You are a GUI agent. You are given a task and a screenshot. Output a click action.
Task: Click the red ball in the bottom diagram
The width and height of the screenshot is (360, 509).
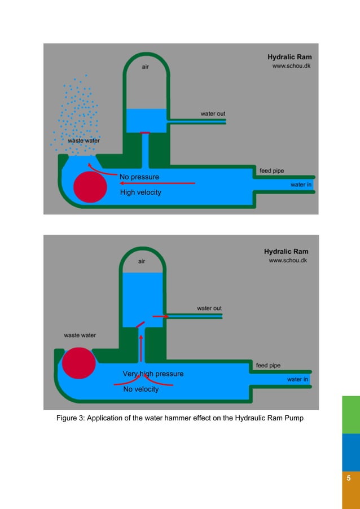pyautogui.click(x=78, y=363)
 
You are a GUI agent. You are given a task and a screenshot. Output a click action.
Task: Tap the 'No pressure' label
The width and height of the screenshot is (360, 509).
pyautogui.click(x=139, y=177)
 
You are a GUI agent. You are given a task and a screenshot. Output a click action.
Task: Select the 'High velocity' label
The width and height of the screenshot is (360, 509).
pyautogui.click(x=141, y=192)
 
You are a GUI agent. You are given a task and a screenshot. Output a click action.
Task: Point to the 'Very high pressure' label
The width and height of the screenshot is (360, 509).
pyautogui.click(x=153, y=374)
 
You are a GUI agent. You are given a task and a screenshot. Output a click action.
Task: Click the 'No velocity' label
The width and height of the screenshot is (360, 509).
pyautogui.click(x=141, y=389)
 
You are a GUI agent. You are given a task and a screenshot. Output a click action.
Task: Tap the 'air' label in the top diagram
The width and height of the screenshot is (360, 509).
pyautogui.click(x=145, y=68)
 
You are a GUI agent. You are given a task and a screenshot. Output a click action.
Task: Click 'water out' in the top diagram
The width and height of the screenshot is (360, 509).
pyautogui.click(x=213, y=114)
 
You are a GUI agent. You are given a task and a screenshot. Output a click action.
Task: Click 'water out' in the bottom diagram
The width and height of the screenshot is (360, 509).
pyautogui.click(x=209, y=308)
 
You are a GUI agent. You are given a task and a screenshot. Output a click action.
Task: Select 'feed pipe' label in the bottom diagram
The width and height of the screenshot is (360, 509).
pyautogui.click(x=268, y=366)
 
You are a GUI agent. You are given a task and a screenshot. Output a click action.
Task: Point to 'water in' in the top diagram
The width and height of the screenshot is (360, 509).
pyautogui.click(x=301, y=185)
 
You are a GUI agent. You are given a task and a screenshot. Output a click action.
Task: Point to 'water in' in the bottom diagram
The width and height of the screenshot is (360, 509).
pyautogui.click(x=297, y=379)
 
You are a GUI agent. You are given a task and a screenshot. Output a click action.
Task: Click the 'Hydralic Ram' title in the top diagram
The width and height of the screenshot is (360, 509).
pyautogui.click(x=289, y=57)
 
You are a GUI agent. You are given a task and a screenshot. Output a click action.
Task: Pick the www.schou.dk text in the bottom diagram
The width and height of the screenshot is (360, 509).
pyautogui.click(x=288, y=261)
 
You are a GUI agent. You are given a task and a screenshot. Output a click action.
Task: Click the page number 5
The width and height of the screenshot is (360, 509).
pyautogui.click(x=349, y=479)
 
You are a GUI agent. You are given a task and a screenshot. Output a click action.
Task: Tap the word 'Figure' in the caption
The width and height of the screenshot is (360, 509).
pyautogui.click(x=68, y=418)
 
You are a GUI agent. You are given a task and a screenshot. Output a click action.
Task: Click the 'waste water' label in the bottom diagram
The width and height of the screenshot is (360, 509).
pyautogui.click(x=80, y=335)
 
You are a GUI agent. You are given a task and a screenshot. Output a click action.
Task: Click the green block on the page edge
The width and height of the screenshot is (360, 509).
pyautogui.click(x=351, y=414)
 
